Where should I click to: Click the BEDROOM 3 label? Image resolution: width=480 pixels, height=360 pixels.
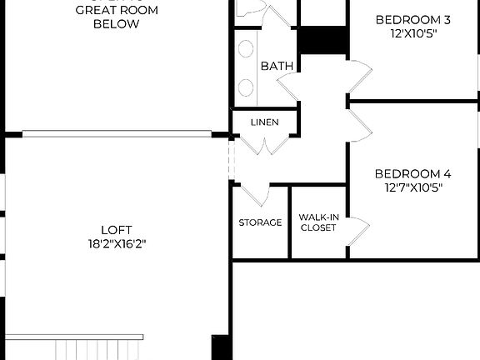[x=412, y=20]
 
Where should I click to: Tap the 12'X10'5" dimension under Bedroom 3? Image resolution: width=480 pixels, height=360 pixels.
[x=412, y=33]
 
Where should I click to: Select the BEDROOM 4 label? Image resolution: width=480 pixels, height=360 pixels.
[x=412, y=174]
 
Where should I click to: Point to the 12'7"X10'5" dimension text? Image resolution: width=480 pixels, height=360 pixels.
[x=412, y=187]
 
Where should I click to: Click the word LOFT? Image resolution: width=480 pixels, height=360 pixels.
[x=117, y=230]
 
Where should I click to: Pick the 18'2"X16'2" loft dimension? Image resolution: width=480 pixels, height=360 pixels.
[x=117, y=243]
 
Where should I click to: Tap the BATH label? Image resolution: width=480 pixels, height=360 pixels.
[x=275, y=66]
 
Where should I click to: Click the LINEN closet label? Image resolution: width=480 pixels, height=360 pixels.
[x=264, y=122]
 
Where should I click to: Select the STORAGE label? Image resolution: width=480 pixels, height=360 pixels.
[x=260, y=222]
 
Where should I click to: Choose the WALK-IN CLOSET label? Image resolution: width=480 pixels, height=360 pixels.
[x=317, y=222]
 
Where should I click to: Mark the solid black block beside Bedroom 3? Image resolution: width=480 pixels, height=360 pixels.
[x=322, y=40]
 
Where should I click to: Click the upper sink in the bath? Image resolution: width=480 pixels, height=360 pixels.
[x=246, y=49]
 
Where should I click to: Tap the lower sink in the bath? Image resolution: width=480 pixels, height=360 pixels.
[x=246, y=86]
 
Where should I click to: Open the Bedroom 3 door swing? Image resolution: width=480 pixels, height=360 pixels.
[x=359, y=77]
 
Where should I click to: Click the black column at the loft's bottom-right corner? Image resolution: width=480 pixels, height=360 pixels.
[x=221, y=347]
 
